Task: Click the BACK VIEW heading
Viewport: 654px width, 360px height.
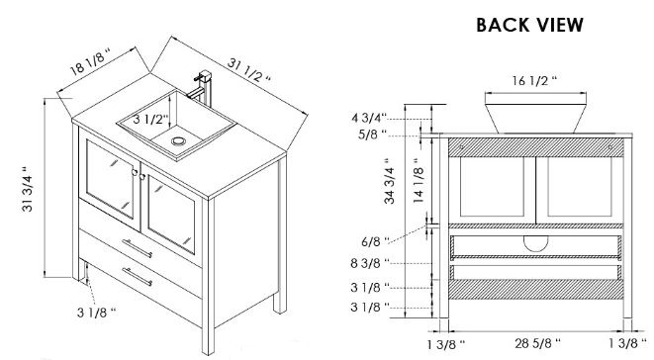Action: click(x=529, y=25)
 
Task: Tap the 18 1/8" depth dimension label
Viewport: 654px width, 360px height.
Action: click(x=91, y=61)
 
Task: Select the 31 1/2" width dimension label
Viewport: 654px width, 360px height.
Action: click(x=249, y=70)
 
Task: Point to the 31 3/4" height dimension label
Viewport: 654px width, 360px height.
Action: click(x=28, y=189)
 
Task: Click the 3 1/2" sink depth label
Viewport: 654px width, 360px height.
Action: click(x=150, y=120)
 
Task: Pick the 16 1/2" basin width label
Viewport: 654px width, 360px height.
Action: click(x=534, y=80)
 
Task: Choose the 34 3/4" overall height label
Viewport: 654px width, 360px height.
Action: click(x=390, y=181)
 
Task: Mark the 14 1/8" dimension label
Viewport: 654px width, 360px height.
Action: click(x=419, y=180)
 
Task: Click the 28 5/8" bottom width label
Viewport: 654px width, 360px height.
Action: click(x=537, y=343)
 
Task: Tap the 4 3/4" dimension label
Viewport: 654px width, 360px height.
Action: click(x=369, y=118)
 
